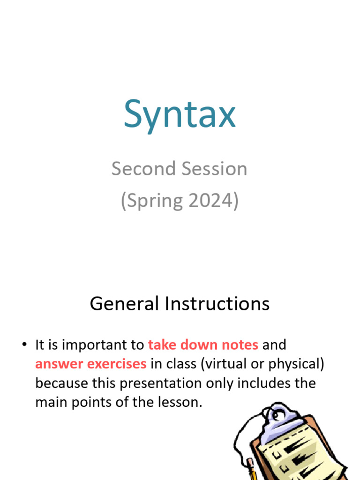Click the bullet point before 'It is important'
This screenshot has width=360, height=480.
click(x=23, y=345)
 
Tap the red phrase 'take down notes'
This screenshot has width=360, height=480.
click(x=203, y=345)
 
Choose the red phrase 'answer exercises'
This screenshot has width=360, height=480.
click(x=91, y=364)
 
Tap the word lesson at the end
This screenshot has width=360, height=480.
click(x=183, y=402)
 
